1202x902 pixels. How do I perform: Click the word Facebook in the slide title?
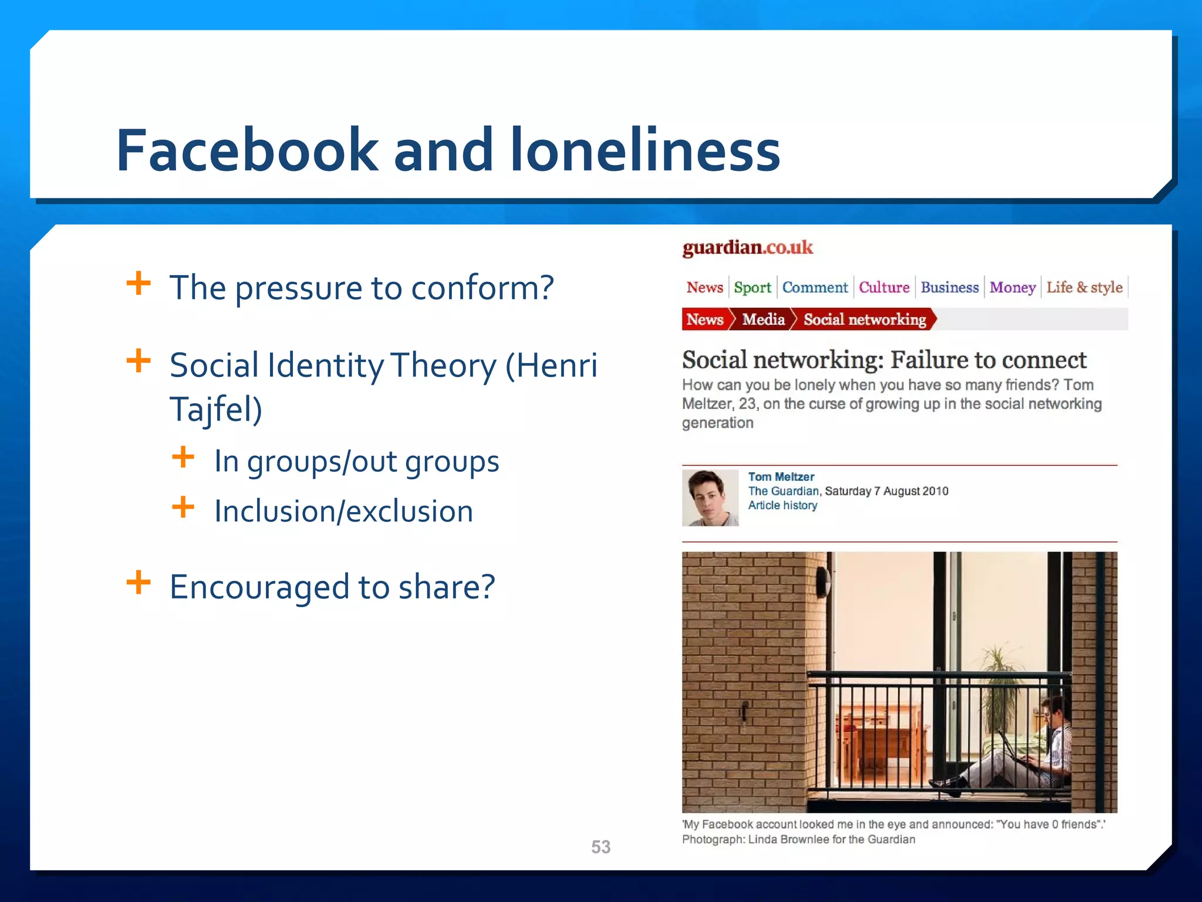tap(247, 151)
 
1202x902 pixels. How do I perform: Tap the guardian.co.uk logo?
tap(747, 248)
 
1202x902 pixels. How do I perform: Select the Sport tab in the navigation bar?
tap(752, 287)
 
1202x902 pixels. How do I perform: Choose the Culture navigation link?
tap(884, 287)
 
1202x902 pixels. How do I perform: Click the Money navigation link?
tap(1012, 287)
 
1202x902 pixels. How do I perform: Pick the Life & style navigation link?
tap(1084, 287)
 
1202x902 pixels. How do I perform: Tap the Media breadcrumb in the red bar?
tap(762, 319)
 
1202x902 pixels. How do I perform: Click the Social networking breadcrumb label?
tap(864, 319)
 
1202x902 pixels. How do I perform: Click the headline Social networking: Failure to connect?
tap(884, 359)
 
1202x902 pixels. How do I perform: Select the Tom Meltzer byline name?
tap(781, 477)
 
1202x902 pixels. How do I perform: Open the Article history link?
tap(782, 505)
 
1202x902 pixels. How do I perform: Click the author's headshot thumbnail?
tap(710, 497)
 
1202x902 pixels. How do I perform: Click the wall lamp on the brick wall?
tap(823, 580)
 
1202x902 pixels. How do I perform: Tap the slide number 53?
tap(600, 847)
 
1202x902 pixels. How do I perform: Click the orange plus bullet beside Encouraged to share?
tap(139, 583)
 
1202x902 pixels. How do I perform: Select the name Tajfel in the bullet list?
tap(215, 409)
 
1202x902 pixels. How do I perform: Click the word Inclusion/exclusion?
tap(343, 511)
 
